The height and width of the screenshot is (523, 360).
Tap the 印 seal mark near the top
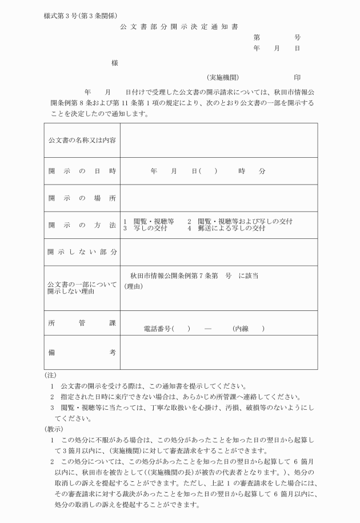tap(297, 77)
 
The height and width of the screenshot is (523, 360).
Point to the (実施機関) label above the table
tap(223, 77)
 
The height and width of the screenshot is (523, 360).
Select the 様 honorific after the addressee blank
tap(115, 62)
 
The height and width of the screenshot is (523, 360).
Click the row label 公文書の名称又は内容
tap(82, 141)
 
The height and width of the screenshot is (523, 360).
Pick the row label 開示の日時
tap(82, 171)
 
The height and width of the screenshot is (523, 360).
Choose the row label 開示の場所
tap(82, 198)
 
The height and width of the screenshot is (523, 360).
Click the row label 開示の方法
tap(82, 225)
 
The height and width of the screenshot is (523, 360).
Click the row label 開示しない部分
tap(82, 252)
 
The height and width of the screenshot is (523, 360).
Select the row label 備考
tap(82, 352)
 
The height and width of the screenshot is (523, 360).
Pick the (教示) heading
tap(53, 429)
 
